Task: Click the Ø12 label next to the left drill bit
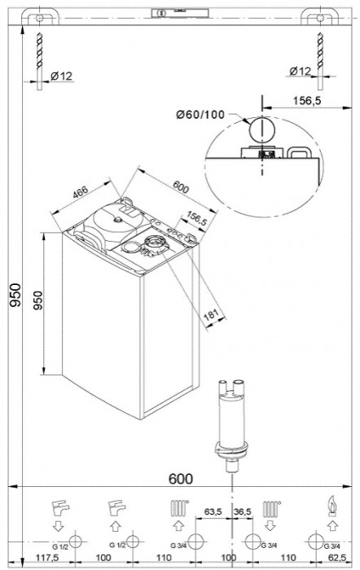click(x=63, y=76)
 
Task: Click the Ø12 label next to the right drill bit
click(x=301, y=71)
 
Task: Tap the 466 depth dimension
click(x=78, y=193)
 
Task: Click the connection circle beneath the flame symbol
click(x=317, y=541)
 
